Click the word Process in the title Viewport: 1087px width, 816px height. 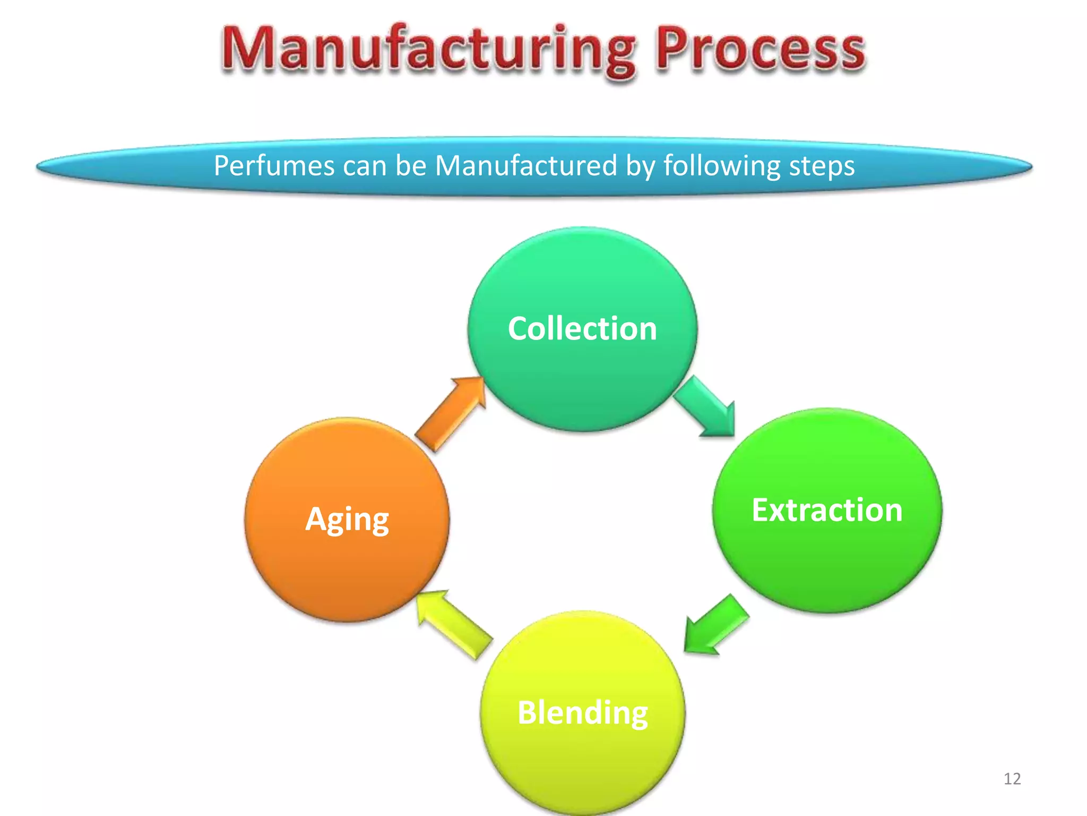pyautogui.click(x=760, y=50)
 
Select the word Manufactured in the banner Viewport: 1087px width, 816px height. pyautogui.click(x=525, y=166)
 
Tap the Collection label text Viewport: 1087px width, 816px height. pyautogui.click(x=582, y=328)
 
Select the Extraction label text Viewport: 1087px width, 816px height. pyautogui.click(x=827, y=510)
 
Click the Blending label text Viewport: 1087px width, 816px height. pyautogui.click(x=583, y=712)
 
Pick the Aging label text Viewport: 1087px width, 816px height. pyautogui.click(x=347, y=519)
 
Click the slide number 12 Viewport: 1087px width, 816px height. pyautogui.click(x=1012, y=779)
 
